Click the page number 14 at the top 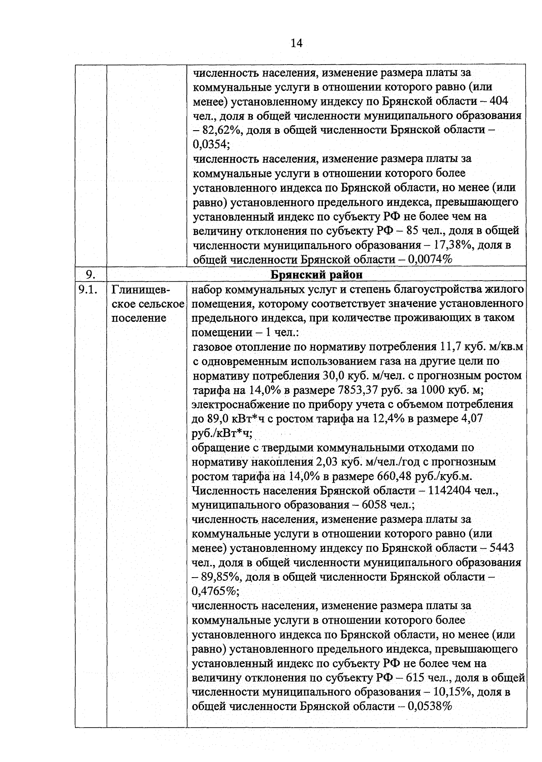click(x=296, y=43)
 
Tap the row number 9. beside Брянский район click(x=90, y=274)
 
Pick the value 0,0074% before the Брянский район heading click(x=430, y=260)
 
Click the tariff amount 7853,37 click(x=359, y=390)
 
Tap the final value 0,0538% click(x=430, y=706)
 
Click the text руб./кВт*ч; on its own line click(x=222, y=433)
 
